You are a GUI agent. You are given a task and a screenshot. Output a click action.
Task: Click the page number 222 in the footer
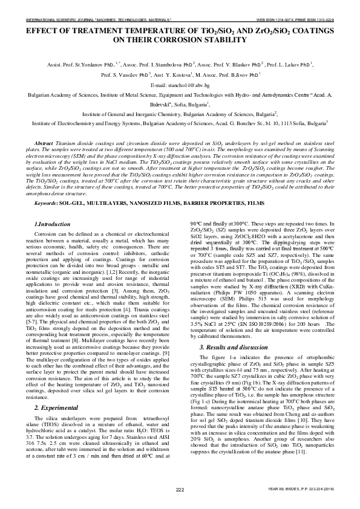click(x=180, y=489)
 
